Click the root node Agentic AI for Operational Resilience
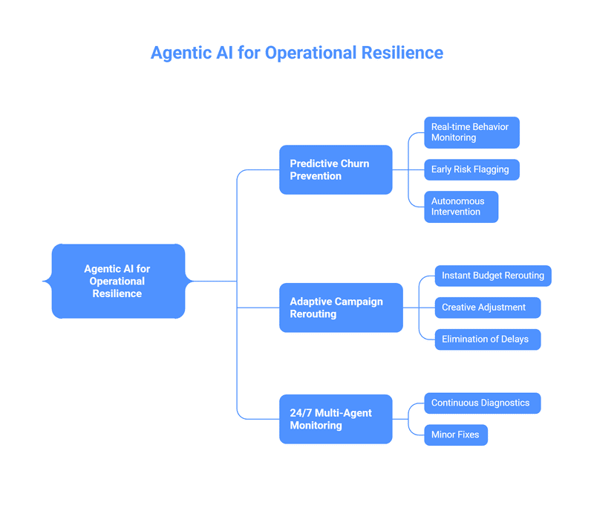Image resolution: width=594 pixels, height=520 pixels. coord(117,281)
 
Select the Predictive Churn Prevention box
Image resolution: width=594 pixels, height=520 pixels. coord(336,169)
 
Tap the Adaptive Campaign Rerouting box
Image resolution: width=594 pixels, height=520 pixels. coord(341,308)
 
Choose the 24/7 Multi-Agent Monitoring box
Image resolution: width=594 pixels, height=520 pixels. coord(336,419)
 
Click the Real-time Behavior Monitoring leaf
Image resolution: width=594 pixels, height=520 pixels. coord(471,132)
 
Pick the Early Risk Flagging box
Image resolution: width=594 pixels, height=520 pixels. coord(471,169)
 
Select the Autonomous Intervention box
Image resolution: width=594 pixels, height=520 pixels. coord(460,207)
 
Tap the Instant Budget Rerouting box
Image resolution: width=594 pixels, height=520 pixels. coord(493,276)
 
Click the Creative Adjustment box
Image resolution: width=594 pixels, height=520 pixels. coord(487,308)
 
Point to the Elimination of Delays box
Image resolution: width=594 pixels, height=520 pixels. coord(487,339)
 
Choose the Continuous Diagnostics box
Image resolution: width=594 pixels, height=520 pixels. coord(482,403)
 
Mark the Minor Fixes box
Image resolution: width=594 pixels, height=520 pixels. coord(455,435)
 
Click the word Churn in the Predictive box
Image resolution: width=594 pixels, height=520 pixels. coord(354,163)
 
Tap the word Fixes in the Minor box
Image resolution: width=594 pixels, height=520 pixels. coord(467,435)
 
